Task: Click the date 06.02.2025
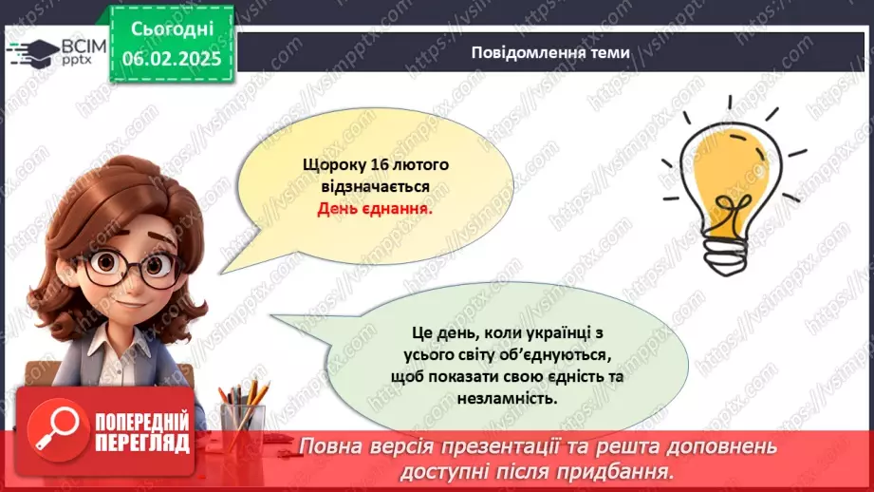(x=171, y=59)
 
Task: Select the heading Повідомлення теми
(x=550, y=52)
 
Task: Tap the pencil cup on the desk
(x=242, y=418)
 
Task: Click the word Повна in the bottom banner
(x=331, y=446)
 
